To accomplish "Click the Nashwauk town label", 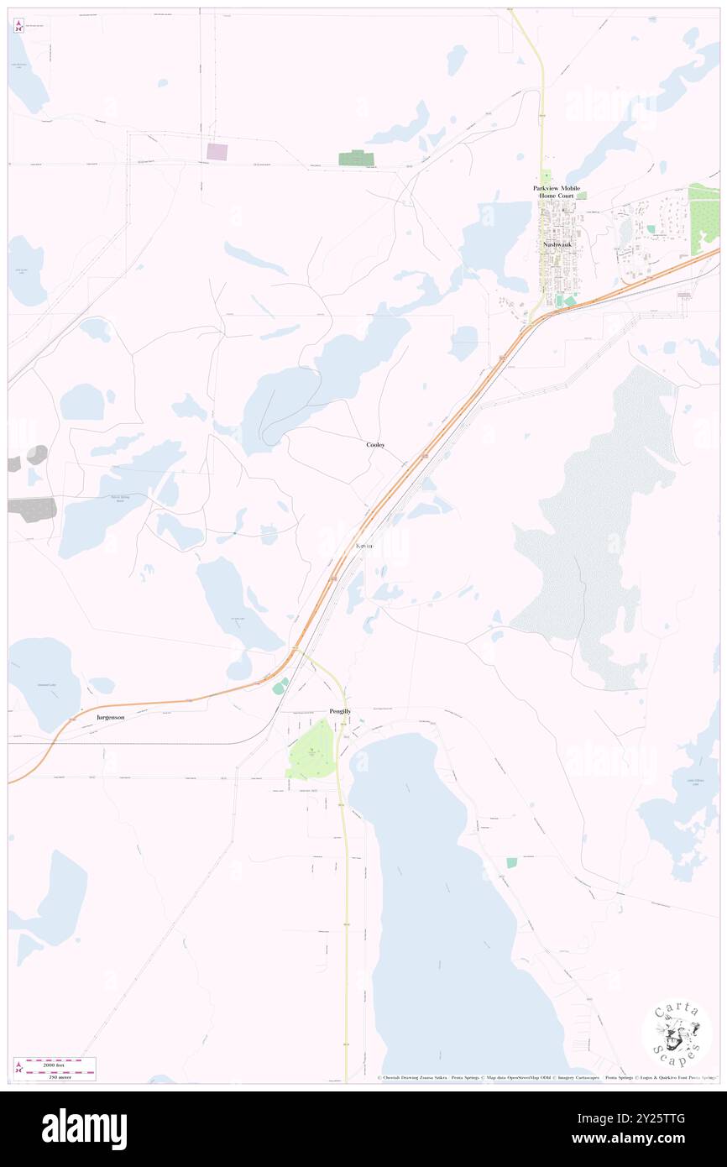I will point(557,244).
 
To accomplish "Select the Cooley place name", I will point(375,444).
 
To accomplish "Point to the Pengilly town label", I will point(340,711).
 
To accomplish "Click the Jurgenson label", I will point(111,718).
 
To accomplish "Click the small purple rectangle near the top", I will point(217,152).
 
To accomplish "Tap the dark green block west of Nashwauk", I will point(356,158).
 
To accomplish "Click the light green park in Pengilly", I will point(311,750).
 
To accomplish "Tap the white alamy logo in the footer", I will point(84,1129).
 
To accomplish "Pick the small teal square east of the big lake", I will point(511,862).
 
